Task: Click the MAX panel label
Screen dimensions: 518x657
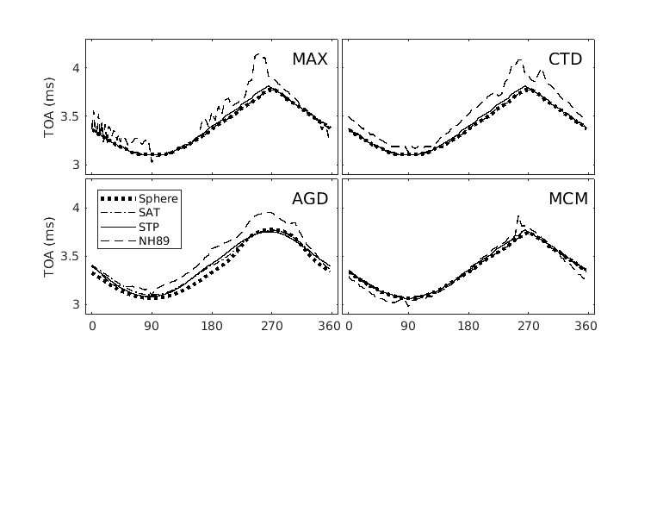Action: coord(309,59)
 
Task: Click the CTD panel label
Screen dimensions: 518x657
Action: coord(565,59)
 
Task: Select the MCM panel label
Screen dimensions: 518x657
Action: coord(567,199)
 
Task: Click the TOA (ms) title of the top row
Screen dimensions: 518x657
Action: coord(51,106)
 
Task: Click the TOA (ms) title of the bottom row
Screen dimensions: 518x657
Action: coord(51,246)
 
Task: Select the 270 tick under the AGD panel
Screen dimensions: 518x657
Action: coord(272,326)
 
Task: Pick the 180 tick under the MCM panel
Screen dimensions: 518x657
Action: coord(468,326)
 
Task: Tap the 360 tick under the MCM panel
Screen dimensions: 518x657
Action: coord(586,326)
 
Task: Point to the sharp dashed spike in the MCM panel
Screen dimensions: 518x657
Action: coord(518,215)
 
